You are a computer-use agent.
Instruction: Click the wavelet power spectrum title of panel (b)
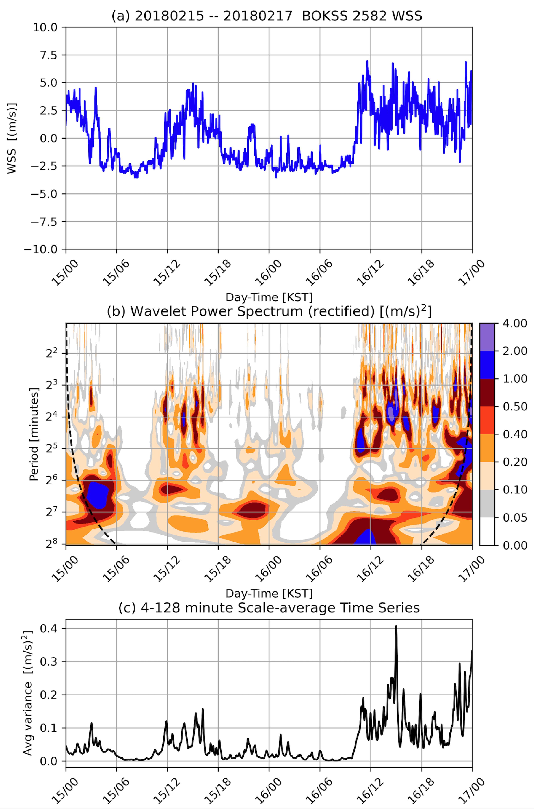269,311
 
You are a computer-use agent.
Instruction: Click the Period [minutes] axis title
34,434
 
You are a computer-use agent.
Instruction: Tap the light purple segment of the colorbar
487,337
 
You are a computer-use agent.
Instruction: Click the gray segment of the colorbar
487,503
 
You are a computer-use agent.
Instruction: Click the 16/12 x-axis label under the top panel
370,273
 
